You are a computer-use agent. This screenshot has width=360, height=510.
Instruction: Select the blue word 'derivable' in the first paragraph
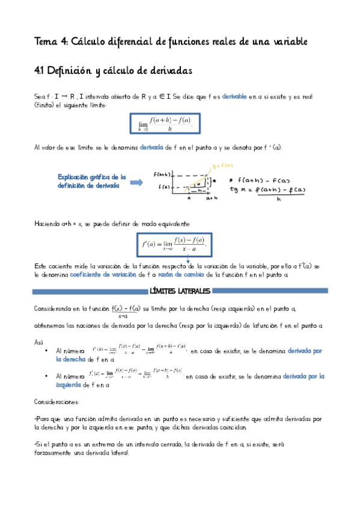234,96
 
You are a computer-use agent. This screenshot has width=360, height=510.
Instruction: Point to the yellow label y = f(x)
223,165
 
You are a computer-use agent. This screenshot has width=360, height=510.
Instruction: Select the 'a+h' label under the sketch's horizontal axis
212,197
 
